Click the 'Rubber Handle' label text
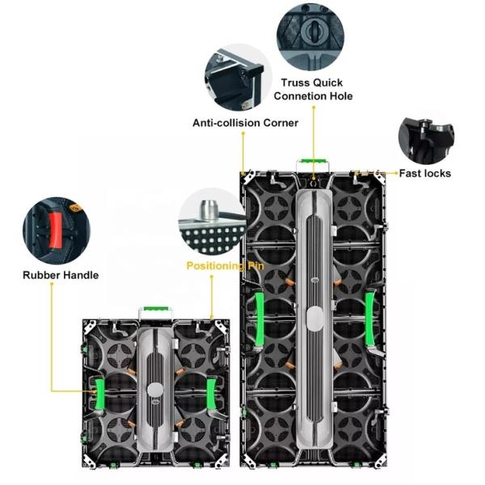pos(61,275)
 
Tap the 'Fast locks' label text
pos(425,173)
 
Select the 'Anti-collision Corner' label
pos(245,123)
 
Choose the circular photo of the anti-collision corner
pos(237,78)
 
